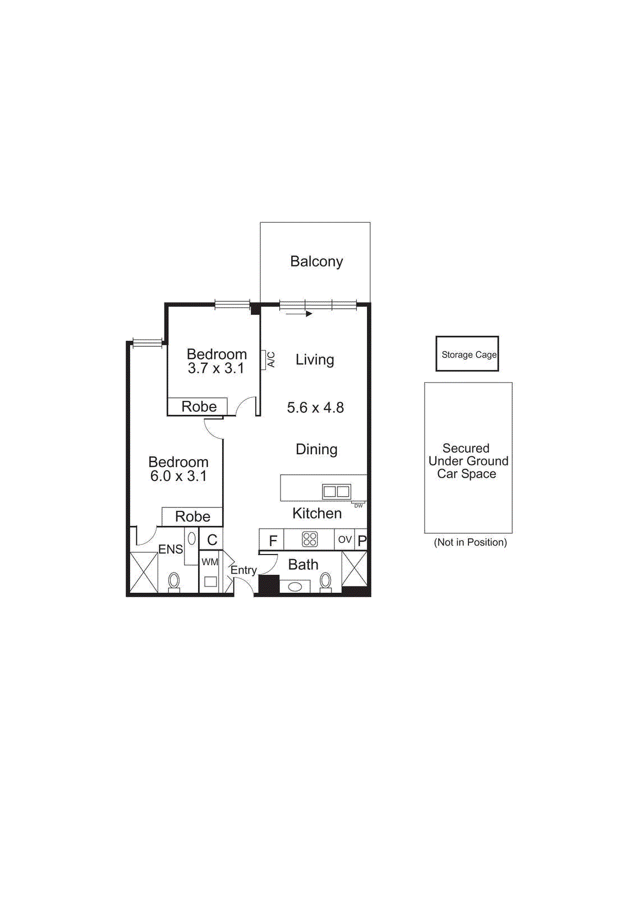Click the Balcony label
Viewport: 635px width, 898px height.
coord(316,262)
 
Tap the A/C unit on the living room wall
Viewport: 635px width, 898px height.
coord(263,360)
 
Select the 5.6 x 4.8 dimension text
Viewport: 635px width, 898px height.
coord(315,407)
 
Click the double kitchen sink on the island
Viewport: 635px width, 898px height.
coord(336,492)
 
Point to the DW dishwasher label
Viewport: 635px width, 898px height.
coord(358,506)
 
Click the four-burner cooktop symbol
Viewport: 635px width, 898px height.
coord(310,539)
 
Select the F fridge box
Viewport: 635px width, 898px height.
coord(273,540)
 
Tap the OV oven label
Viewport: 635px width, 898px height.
coord(344,539)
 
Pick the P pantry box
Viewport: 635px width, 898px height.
coord(362,540)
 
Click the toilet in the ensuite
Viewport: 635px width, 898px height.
coord(174,581)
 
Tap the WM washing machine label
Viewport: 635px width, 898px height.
coord(209,562)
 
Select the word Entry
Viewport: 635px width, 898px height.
coord(243,570)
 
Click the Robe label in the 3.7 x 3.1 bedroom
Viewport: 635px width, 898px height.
coord(199,406)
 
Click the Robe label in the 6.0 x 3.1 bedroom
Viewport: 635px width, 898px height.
coord(192,516)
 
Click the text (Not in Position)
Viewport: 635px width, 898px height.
coord(470,542)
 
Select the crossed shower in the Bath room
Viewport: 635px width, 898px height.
coord(354,569)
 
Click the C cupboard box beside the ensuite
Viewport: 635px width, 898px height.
coord(212,539)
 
